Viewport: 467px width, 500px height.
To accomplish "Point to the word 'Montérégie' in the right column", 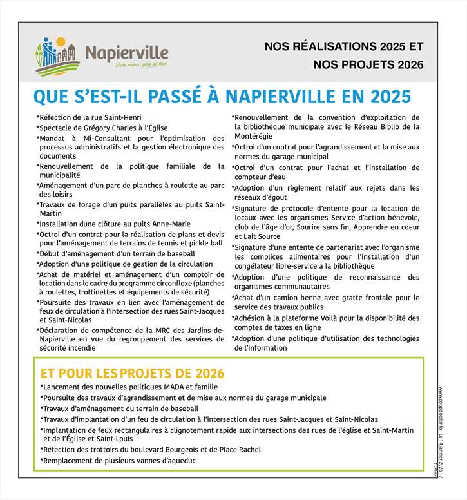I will point(253,136).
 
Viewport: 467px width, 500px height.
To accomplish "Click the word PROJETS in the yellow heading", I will point(151,374).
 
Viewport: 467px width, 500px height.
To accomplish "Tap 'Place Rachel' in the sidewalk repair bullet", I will point(240,450).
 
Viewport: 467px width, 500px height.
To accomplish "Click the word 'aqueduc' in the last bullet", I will point(181,461).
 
